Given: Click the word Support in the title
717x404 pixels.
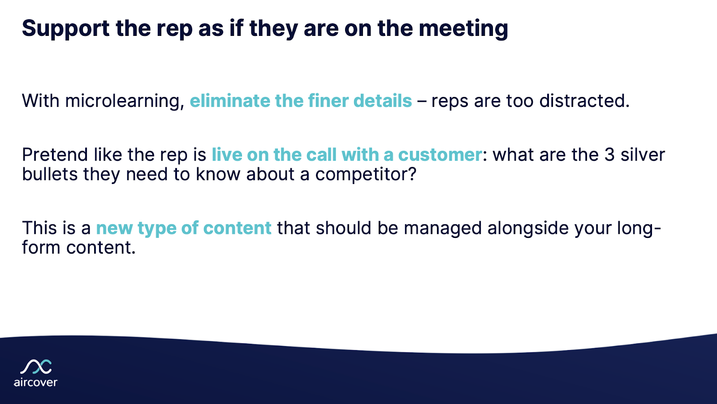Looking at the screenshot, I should [x=65, y=29].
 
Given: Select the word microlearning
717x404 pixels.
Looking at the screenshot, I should [x=124, y=101].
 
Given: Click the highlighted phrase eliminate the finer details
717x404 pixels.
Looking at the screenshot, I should [x=301, y=101].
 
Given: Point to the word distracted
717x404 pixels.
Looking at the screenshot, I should [x=584, y=101].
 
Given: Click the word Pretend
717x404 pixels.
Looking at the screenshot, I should [x=55, y=155].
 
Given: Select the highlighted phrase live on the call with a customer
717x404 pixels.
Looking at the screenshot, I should [x=346, y=155].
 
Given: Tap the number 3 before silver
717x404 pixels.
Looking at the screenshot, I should [x=609, y=155].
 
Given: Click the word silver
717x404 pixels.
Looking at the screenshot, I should [x=643, y=155].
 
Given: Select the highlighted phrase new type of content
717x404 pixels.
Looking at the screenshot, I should [x=184, y=228].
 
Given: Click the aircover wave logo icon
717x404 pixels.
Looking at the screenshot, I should [x=36, y=367].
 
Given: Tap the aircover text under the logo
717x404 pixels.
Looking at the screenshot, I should [x=35, y=382].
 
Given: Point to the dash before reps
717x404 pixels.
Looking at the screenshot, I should [x=421, y=101].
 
